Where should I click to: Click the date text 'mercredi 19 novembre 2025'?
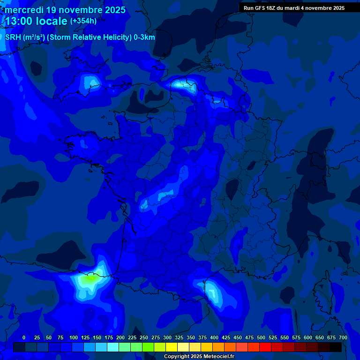[65, 10]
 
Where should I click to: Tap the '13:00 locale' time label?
[37, 21]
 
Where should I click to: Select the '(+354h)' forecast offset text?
[83, 21]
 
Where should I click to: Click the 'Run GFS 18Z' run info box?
[294, 8]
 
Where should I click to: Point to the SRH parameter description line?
[80, 37]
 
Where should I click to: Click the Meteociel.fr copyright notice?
[199, 356]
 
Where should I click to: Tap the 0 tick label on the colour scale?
[24, 337]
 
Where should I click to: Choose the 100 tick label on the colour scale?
[74, 337]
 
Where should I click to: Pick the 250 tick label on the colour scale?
[144, 337]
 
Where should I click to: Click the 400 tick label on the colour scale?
[214, 337]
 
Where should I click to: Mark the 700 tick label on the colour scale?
[343, 337]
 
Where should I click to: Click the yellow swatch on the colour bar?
[172, 347]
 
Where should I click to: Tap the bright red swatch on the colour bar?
[265, 347]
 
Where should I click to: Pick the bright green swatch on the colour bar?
[148, 347]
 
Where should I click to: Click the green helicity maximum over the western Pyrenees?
[89, 278]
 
